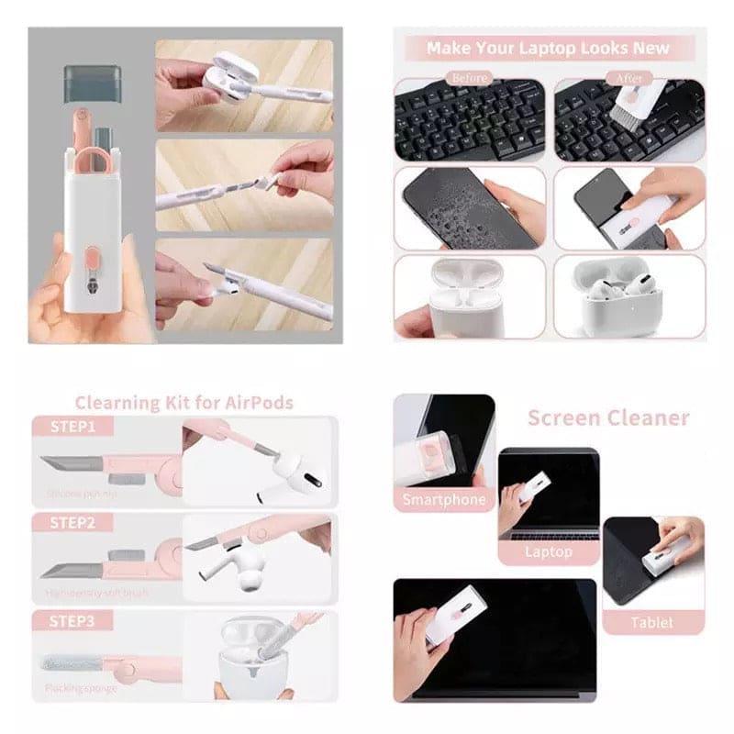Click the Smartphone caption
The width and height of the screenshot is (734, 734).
[444, 500]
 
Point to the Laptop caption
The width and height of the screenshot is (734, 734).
[549, 552]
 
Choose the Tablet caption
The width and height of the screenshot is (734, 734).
[652, 623]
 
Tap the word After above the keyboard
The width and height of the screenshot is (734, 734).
[629, 78]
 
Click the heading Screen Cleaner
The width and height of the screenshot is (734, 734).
[607, 418]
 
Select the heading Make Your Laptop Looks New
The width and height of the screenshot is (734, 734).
[549, 48]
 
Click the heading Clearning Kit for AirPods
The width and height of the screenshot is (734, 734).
[183, 402]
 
